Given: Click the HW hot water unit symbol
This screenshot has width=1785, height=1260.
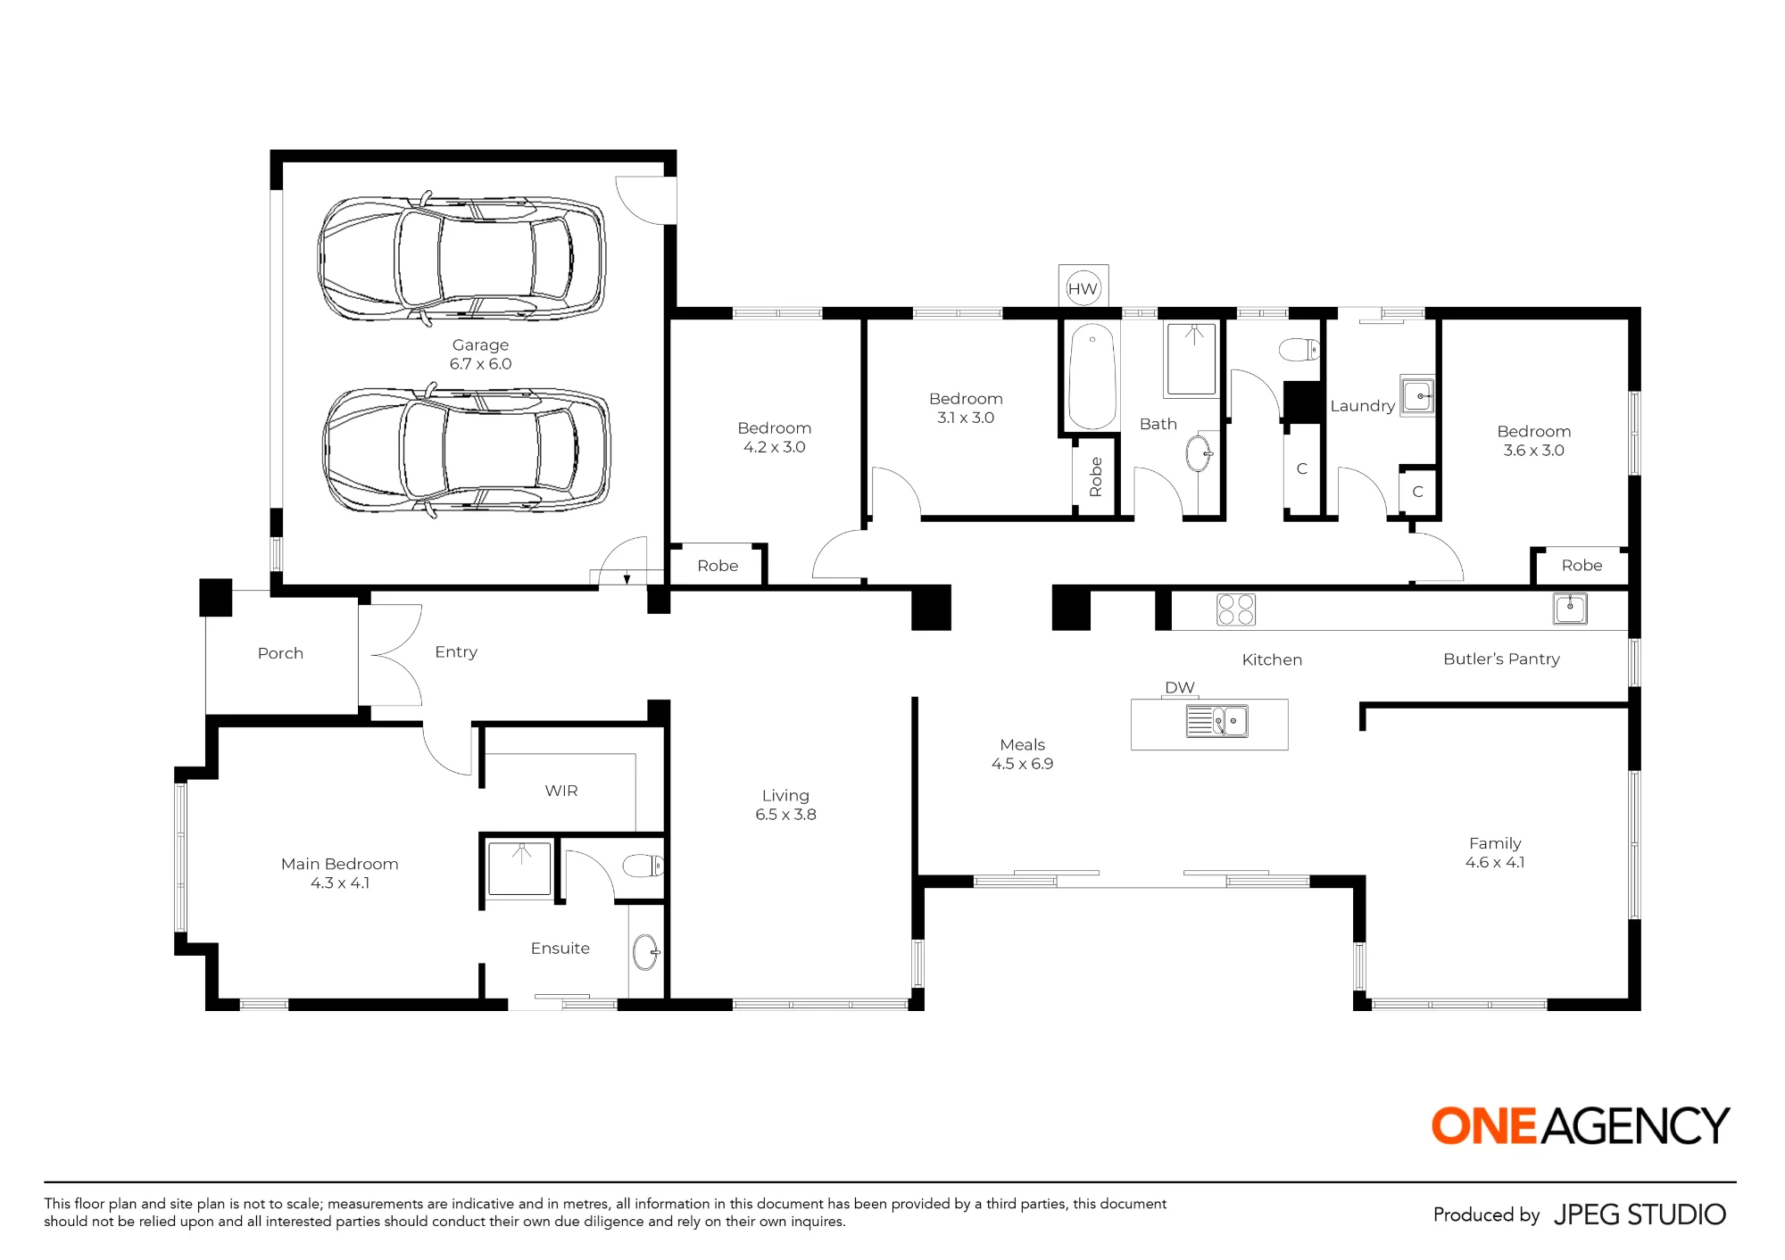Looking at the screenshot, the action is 1083,287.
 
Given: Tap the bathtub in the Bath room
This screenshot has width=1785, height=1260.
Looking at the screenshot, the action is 1092,377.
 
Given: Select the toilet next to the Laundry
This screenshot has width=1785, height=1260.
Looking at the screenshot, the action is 1299,349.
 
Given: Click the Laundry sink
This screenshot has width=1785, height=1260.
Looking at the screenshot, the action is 1417,395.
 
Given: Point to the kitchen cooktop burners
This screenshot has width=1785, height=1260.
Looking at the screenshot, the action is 1236,609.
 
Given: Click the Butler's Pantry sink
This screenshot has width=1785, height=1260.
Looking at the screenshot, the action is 1570,609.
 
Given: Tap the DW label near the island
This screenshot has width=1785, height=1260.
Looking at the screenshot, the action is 1179,687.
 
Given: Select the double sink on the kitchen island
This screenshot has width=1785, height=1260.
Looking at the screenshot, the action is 1216,721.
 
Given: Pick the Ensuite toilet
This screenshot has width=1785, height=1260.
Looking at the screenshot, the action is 643,866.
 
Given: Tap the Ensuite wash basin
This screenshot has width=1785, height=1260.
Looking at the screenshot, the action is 645,952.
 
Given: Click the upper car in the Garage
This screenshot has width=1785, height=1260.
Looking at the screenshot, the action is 461,258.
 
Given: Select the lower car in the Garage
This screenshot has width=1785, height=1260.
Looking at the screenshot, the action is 466,450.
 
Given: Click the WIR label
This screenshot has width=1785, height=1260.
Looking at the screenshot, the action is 561,791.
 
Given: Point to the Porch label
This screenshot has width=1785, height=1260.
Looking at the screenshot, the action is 280,653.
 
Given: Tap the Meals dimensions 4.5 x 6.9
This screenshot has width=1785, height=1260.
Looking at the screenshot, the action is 1022,764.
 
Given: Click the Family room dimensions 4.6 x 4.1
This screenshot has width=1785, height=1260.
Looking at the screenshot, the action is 1495,862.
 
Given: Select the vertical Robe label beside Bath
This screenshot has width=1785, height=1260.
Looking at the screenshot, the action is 1096,477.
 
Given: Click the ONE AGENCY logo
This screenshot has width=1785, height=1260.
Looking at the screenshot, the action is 1581,1125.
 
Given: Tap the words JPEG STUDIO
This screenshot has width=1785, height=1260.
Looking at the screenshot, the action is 1640,1214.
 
